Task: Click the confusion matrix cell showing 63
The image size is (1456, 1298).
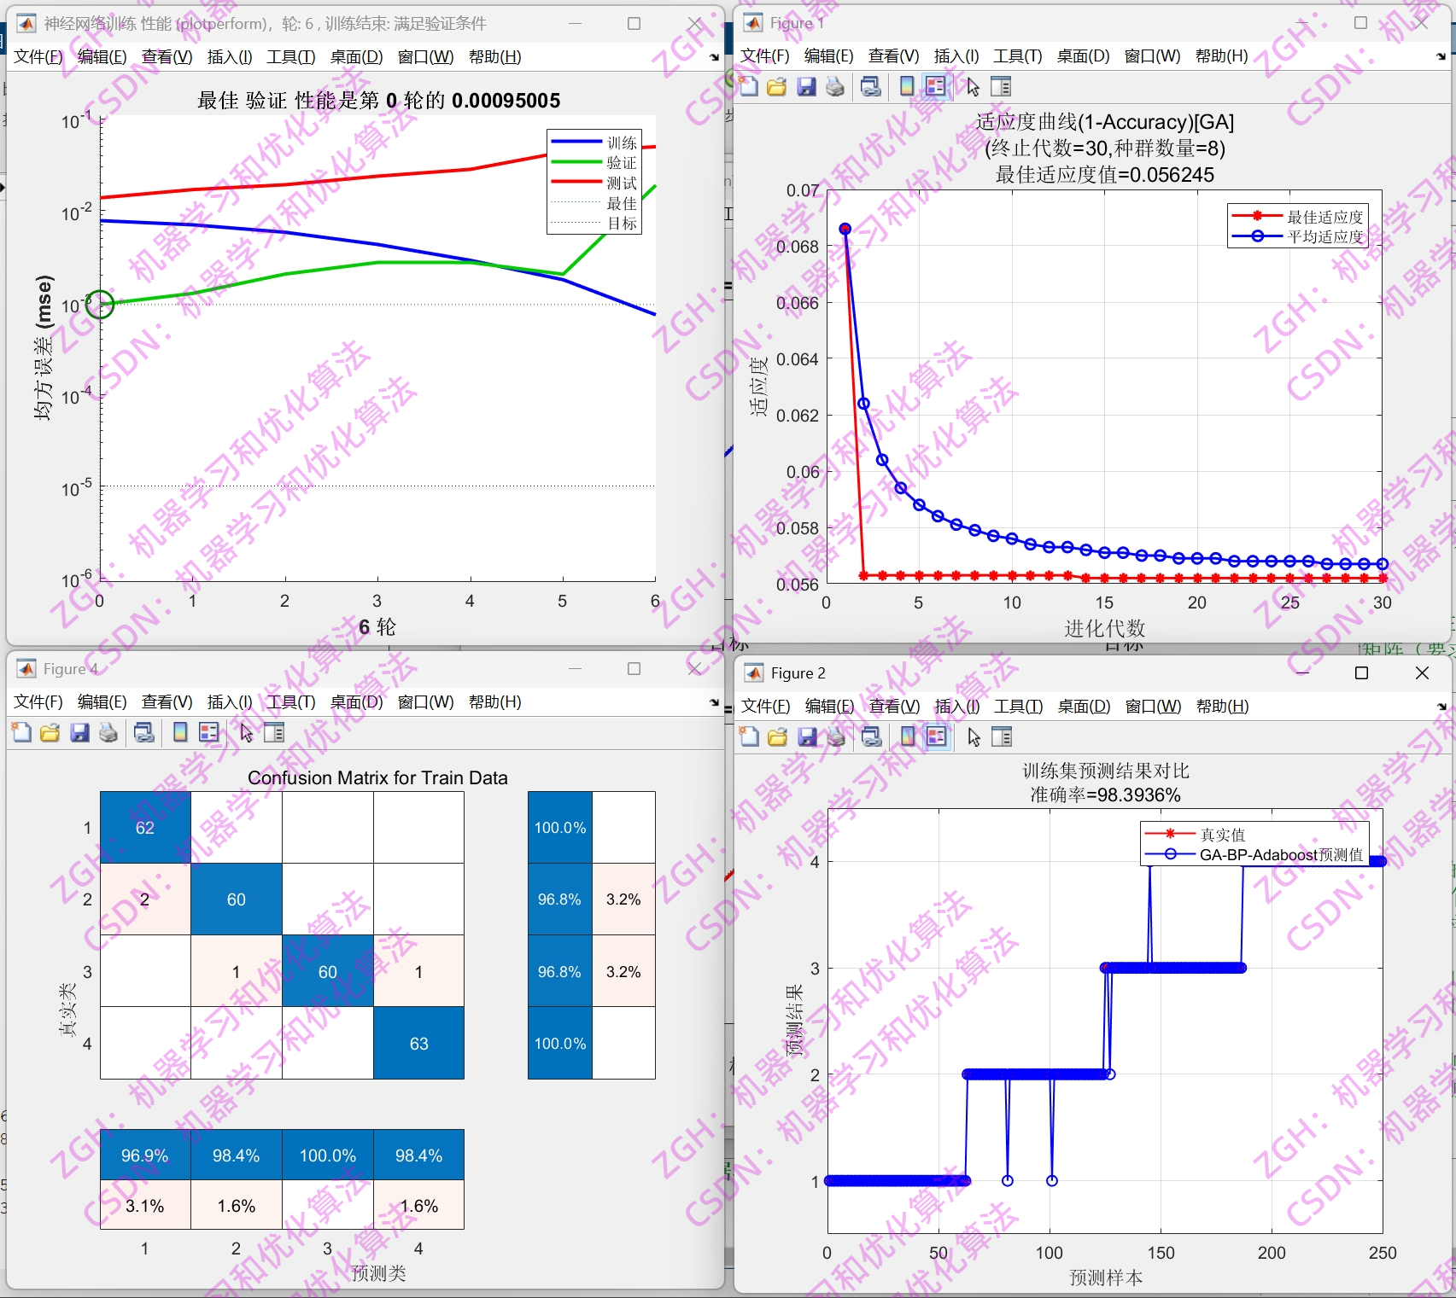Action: (x=418, y=1043)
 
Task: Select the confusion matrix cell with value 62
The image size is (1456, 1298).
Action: (x=145, y=827)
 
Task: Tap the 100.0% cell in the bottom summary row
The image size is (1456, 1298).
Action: (x=328, y=1155)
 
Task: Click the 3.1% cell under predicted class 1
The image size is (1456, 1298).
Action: (x=145, y=1206)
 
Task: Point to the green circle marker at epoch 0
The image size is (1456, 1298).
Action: (x=100, y=304)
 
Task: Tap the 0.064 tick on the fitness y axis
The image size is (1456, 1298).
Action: (x=798, y=359)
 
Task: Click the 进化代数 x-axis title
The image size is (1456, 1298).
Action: (x=1104, y=628)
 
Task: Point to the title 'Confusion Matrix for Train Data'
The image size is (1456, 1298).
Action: (x=377, y=777)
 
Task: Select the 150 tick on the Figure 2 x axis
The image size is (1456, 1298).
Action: (x=1161, y=1253)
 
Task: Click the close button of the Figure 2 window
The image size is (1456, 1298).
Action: (x=1422, y=673)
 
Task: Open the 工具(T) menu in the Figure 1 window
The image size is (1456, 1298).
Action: (x=1017, y=56)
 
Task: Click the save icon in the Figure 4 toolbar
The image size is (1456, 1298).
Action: (x=79, y=732)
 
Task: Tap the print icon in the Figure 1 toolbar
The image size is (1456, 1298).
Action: (x=835, y=86)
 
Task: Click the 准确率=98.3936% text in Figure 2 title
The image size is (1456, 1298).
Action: (x=1105, y=795)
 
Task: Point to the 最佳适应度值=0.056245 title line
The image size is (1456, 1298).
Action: (x=1104, y=175)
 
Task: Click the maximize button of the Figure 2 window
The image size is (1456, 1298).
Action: (x=1361, y=673)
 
